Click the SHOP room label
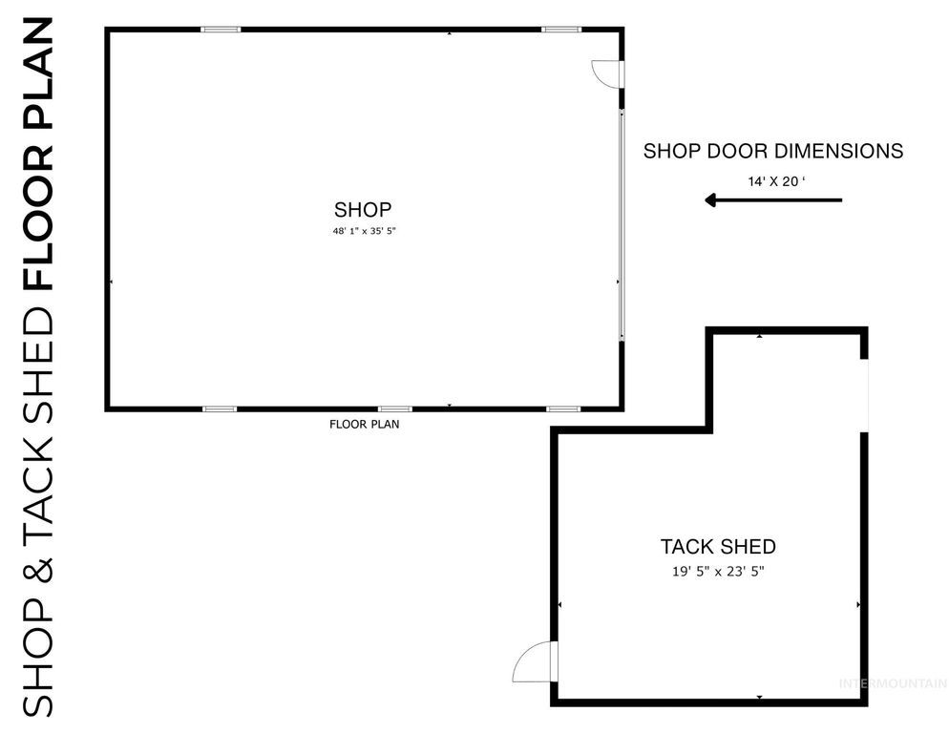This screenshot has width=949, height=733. (x=363, y=210)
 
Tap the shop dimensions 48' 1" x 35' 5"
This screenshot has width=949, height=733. (x=363, y=231)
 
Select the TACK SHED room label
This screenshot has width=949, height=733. (x=718, y=547)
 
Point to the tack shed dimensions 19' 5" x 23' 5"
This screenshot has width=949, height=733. (x=718, y=571)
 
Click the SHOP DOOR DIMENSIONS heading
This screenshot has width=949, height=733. (x=773, y=151)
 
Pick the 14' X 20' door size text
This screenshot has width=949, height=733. (x=773, y=179)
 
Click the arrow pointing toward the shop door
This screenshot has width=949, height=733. (x=773, y=199)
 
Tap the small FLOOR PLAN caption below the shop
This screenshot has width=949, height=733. (x=364, y=425)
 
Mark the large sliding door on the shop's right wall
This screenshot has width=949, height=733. (x=622, y=224)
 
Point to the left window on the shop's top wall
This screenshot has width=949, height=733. (x=221, y=30)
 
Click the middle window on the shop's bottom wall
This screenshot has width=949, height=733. (x=395, y=408)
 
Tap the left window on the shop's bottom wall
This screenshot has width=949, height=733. (x=220, y=408)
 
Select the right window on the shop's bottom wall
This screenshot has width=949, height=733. (x=563, y=408)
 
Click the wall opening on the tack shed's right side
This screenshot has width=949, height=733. (x=864, y=395)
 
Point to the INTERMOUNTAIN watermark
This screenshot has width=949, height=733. (x=892, y=683)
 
